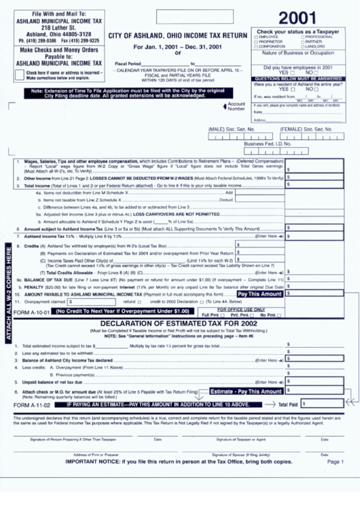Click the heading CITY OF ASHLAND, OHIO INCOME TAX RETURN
click(177, 35)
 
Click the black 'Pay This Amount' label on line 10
click(261, 294)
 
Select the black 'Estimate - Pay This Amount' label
click(246, 391)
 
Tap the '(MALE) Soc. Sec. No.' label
click(231, 128)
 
